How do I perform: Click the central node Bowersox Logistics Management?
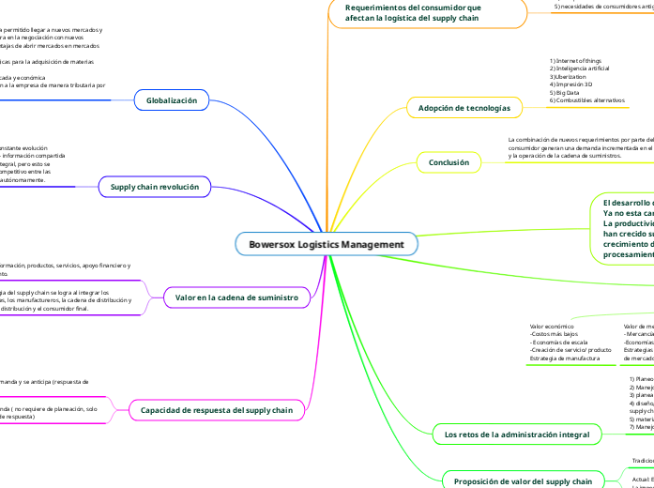326,245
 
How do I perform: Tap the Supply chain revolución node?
155,188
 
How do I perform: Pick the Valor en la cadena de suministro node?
236,297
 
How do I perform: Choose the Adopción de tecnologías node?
464,109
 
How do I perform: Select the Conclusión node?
449,162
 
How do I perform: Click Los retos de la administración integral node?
516,435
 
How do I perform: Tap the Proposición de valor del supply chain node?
523,481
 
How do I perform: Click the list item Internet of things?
576,62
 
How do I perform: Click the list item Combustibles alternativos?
587,99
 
